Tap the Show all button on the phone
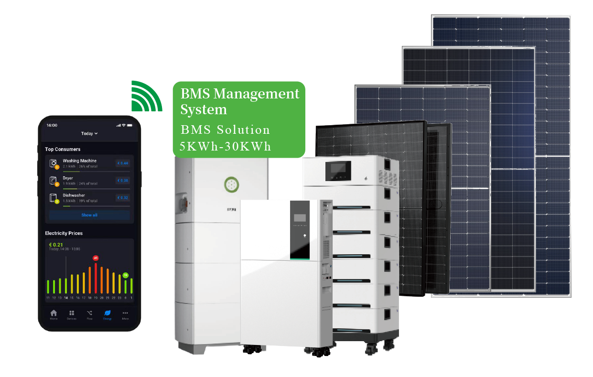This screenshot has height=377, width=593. [89, 215]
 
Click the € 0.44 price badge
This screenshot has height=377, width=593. [122, 163]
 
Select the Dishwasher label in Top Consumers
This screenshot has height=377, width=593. [74, 195]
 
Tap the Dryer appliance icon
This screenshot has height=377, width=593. [54, 181]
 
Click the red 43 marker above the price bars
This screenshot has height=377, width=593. [95, 258]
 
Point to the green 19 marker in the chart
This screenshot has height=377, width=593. [125, 275]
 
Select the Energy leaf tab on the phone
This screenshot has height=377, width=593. [107, 313]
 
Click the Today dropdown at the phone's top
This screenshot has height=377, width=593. [89, 133]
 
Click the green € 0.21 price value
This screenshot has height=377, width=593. [56, 245]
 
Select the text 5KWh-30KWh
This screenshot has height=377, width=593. [225, 146]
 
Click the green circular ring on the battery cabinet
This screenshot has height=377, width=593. [231, 184]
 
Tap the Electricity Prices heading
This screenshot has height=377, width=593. [64, 233]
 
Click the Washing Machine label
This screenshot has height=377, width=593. [79, 161]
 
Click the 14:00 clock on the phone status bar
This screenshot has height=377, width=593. [52, 125]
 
